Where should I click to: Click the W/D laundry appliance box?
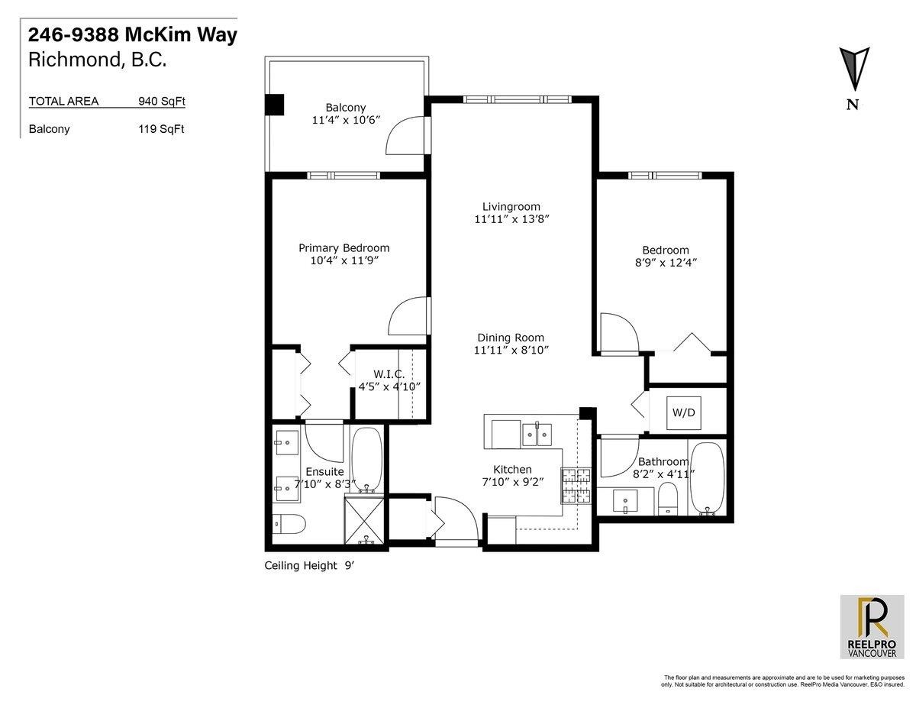(683, 413)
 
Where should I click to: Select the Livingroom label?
(511, 207)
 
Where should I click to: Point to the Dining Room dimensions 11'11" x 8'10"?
(511, 350)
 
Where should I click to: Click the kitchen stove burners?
(575, 486)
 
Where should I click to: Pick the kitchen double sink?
(537, 433)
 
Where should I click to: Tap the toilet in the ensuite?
(289, 524)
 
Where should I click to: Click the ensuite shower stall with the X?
(365, 521)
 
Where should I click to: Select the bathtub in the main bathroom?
(708, 478)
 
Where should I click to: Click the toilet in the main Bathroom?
(667, 499)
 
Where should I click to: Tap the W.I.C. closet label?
(389, 374)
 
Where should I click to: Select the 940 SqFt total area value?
(162, 102)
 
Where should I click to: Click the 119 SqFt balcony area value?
(162, 129)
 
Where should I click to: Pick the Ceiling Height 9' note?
(309, 565)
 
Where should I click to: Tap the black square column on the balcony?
(275, 105)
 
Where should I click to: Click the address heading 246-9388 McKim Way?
(133, 35)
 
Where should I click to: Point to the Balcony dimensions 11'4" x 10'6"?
(346, 120)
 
